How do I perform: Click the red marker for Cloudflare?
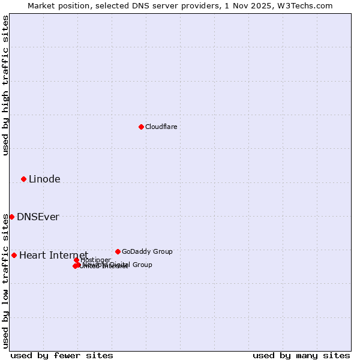(x=141, y=127)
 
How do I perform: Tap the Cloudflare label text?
(x=161, y=127)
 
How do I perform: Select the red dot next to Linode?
(x=23, y=179)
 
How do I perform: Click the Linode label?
(x=44, y=179)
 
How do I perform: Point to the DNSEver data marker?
(x=11, y=217)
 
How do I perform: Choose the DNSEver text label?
(x=38, y=217)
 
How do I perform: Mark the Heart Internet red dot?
(x=14, y=255)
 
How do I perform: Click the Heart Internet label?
(x=53, y=255)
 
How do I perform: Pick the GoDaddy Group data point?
(x=118, y=251)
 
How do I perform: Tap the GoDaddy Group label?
(x=147, y=251)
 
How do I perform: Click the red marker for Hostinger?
(x=77, y=260)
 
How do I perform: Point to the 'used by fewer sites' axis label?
(x=62, y=355)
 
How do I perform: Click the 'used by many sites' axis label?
(x=301, y=355)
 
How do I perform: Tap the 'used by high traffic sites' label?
(x=5, y=85)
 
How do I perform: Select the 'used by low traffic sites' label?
(x=5, y=281)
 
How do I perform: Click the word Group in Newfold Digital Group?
(x=142, y=265)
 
